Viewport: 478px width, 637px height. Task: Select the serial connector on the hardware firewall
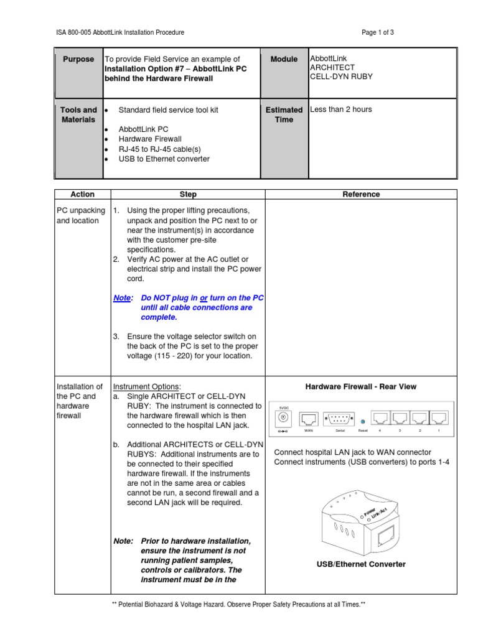(x=340, y=419)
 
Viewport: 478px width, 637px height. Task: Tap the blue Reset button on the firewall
(x=362, y=422)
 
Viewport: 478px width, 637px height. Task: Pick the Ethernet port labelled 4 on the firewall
(x=380, y=418)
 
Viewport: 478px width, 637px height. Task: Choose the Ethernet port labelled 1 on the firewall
(x=439, y=418)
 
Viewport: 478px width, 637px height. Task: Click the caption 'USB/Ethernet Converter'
(x=361, y=564)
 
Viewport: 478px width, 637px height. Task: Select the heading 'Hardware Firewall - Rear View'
(x=361, y=387)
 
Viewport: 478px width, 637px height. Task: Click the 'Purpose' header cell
(x=78, y=59)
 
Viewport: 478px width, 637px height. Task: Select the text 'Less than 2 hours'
(x=341, y=109)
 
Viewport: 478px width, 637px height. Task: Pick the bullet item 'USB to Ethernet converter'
(x=164, y=159)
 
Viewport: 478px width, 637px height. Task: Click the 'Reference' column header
(x=361, y=194)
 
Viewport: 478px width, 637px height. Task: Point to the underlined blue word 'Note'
(x=122, y=298)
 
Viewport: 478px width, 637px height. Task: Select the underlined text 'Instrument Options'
(x=146, y=387)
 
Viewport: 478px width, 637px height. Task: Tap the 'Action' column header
(x=82, y=194)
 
